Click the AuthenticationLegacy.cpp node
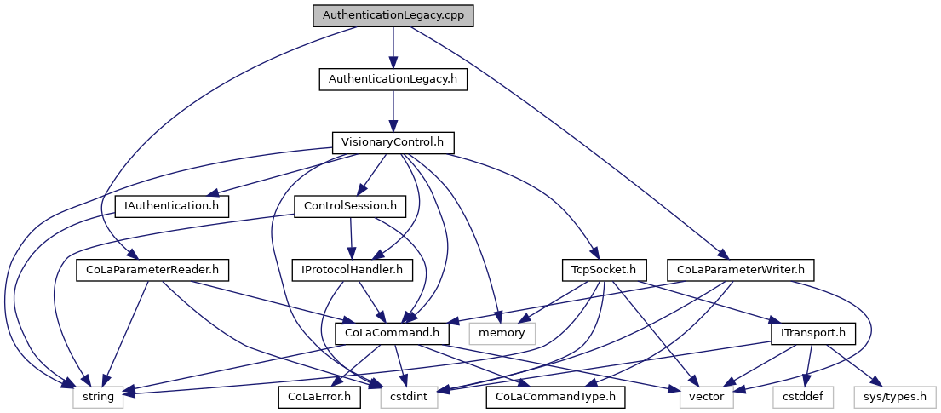pos(393,15)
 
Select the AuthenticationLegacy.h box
pos(393,79)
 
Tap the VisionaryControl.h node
pos(393,142)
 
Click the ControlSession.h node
pos(349,205)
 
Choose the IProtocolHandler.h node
pos(352,270)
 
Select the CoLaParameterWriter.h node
pos(741,270)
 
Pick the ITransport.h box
pos(812,333)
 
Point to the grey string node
pos(99,396)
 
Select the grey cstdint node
pos(409,396)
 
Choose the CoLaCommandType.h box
pos(555,396)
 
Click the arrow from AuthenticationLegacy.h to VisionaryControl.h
pos(393,111)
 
